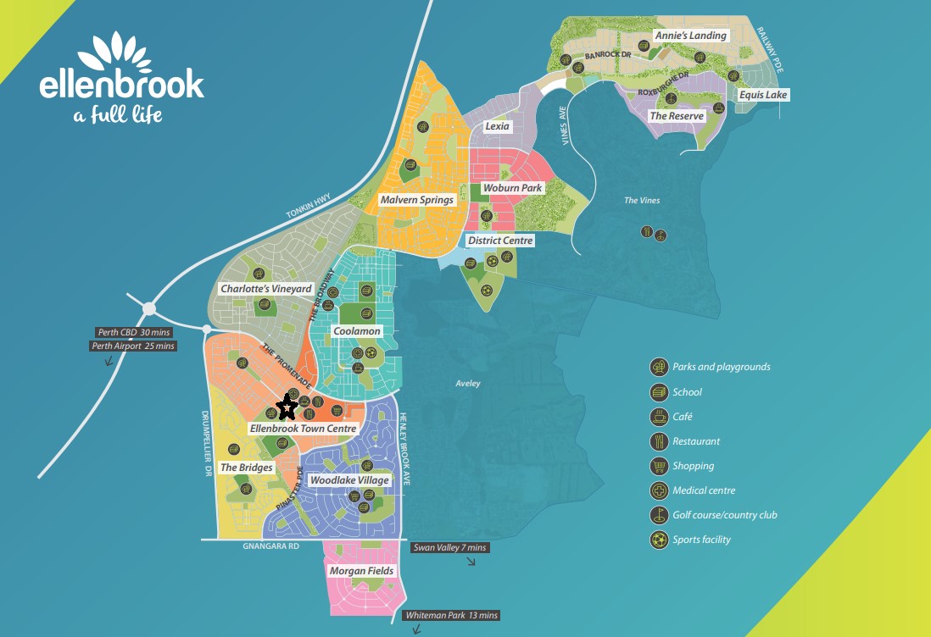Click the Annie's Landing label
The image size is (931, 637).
[x=690, y=36]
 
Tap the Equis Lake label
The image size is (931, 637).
[x=763, y=95]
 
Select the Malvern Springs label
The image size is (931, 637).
[x=417, y=200]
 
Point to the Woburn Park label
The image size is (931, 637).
[x=511, y=187]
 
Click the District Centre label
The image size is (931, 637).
[x=500, y=241]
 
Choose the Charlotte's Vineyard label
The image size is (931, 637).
[x=266, y=289]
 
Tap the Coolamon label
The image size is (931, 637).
[x=357, y=330]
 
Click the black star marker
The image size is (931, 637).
[x=287, y=408]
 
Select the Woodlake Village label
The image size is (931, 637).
[x=349, y=480]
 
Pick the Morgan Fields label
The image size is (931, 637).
[x=361, y=571]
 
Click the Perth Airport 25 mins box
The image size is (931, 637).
[x=133, y=346]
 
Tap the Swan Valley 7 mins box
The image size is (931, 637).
[x=449, y=548]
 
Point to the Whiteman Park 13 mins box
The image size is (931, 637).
[x=451, y=615]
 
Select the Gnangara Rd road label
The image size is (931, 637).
[x=270, y=547]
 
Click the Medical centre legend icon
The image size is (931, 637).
[x=659, y=490]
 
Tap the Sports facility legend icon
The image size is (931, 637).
[x=659, y=540]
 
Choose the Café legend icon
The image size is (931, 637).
[x=659, y=417]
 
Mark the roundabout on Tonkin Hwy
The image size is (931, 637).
[x=150, y=309]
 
